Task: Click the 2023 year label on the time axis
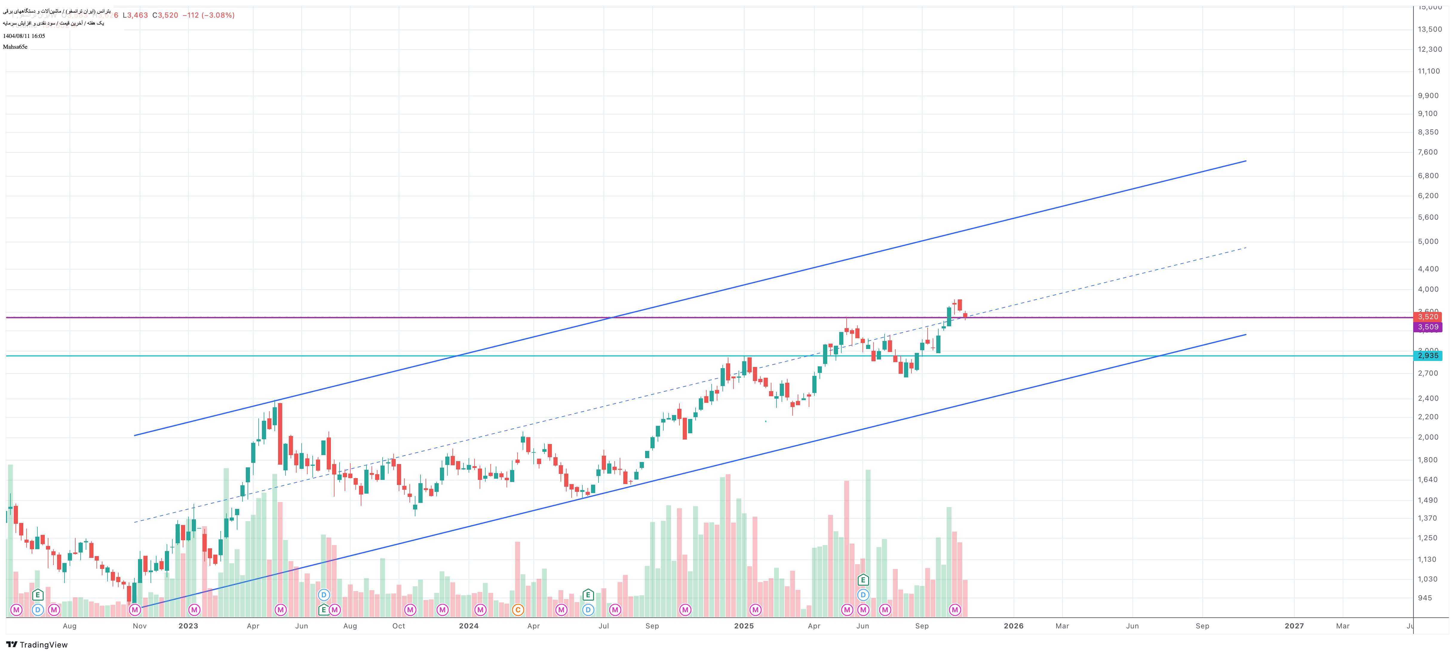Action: point(188,626)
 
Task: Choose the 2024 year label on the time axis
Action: point(468,626)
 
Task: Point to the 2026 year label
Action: point(1013,626)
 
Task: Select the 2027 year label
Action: point(1294,626)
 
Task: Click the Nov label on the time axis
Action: point(139,626)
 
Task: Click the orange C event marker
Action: point(517,610)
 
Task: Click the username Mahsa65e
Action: point(15,47)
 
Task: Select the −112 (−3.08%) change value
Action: point(208,15)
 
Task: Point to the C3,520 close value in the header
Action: point(165,15)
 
